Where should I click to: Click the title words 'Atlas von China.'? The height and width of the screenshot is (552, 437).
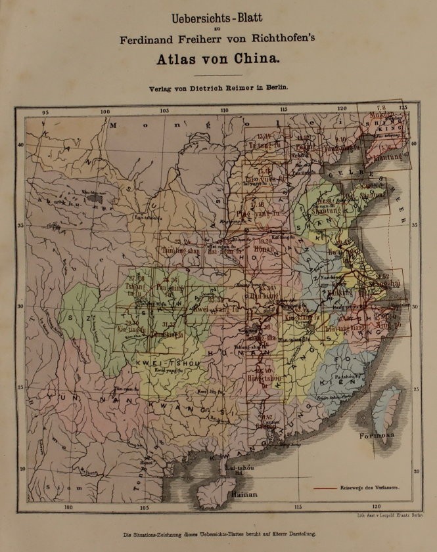point(218,58)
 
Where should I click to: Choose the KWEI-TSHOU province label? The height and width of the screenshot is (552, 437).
point(161,362)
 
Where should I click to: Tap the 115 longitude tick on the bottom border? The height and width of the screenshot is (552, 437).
point(298,507)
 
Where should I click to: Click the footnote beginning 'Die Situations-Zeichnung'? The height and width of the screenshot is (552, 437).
point(219,534)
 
